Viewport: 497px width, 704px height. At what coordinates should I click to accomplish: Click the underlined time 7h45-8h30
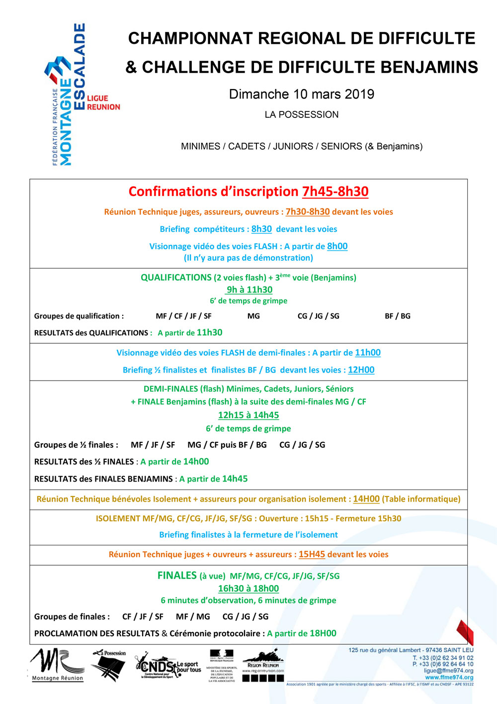[x=335, y=192]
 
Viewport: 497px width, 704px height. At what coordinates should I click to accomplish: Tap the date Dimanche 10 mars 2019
[x=302, y=94]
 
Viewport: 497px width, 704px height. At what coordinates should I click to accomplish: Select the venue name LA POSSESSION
[x=302, y=114]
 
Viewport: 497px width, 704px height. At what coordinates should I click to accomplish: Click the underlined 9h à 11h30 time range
[x=249, y=290]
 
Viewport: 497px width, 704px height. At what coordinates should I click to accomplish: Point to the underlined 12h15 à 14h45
[x=248, y=415]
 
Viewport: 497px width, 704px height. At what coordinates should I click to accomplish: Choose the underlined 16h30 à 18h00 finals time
[x=248, y=588]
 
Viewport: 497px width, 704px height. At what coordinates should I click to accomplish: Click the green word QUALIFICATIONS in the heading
[x=176, y=278]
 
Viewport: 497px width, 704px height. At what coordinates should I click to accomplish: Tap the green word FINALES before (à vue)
[x=177, y=576]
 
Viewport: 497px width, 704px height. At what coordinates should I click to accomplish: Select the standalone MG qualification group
[x=253, y=316]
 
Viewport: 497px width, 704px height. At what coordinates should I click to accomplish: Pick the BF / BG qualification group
[x=398, y=316]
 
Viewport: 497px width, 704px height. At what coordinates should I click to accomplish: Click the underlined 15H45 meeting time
[x=312, y=554]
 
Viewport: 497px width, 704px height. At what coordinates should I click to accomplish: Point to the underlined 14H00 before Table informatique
[x=366, y=499]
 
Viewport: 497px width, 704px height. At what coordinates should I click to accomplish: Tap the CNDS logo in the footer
[x=167, y=666]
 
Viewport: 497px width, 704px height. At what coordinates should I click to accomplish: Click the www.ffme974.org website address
[x=449, y=677]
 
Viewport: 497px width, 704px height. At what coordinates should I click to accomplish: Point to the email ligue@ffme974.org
[x=448, y=671]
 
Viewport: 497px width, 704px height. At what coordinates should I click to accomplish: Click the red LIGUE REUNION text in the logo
[x=103, y=102]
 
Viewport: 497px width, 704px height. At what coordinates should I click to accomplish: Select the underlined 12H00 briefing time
[x=361, y=370]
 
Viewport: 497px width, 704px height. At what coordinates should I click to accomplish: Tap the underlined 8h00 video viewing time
[x=337, y=246]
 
